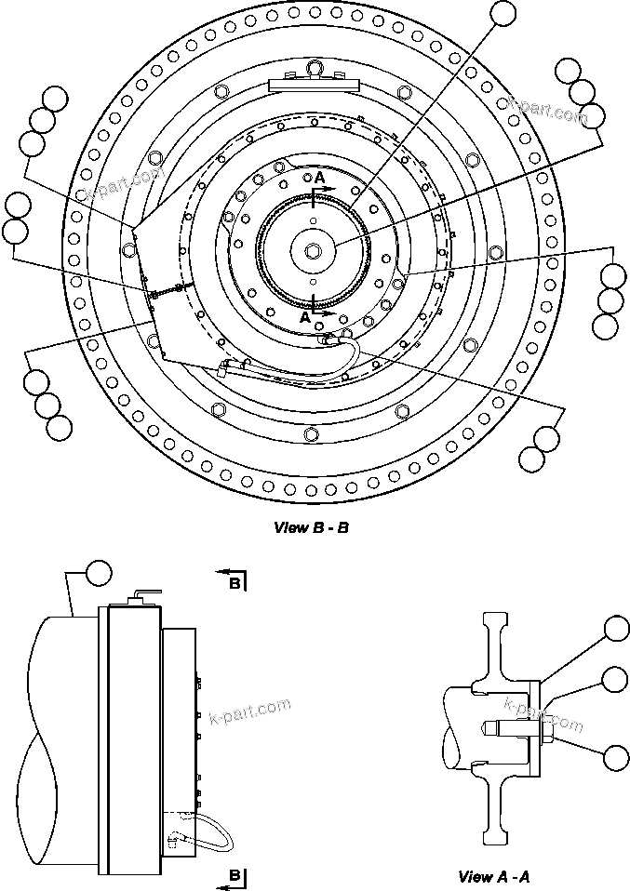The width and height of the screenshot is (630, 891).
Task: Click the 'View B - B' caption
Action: click(x=311, y=527)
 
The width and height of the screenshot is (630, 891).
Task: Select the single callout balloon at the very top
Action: click(x=502, y=12)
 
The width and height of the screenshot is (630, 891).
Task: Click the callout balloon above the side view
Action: click(x=98, y=572)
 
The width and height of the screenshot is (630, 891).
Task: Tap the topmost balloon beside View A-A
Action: click(x=616, y=630)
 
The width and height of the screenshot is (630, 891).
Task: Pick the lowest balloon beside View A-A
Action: click(x=616, y=757)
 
